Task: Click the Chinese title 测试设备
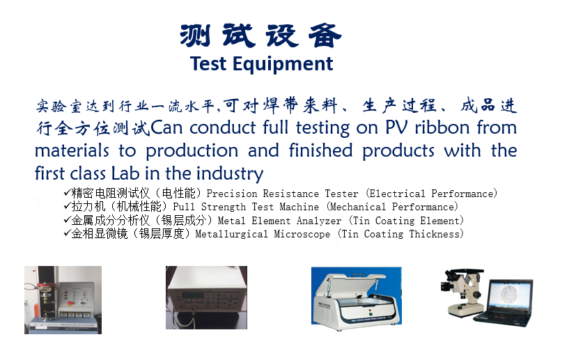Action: (x=260, y=36)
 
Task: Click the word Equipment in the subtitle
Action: (x=283, y=64)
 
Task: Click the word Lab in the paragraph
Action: (x=125, y=173)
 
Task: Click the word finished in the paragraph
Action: (x=320, y=150)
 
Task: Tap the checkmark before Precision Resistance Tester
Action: (x=67, y=192)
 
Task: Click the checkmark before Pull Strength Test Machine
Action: (x=67, y=206)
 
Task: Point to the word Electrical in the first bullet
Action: (x=397, y=194)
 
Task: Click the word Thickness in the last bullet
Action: (x=435, y=234)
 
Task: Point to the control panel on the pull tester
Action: (x=77, y=297)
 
